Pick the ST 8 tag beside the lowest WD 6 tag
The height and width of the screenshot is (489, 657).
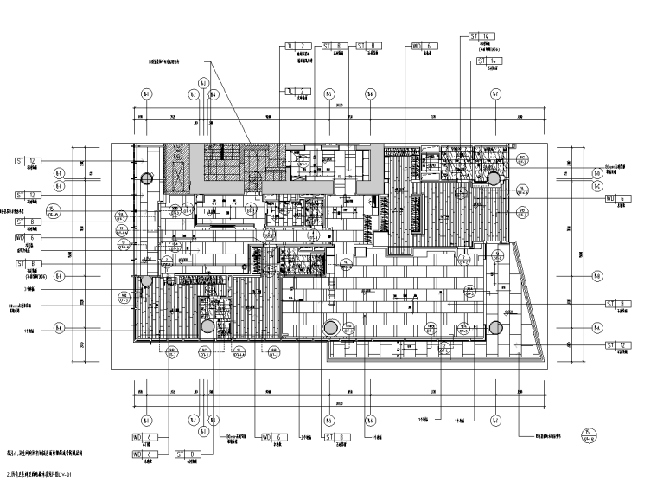187,454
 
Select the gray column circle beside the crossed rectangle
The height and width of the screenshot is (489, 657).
147,180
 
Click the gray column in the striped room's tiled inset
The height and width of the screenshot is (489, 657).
494,179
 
